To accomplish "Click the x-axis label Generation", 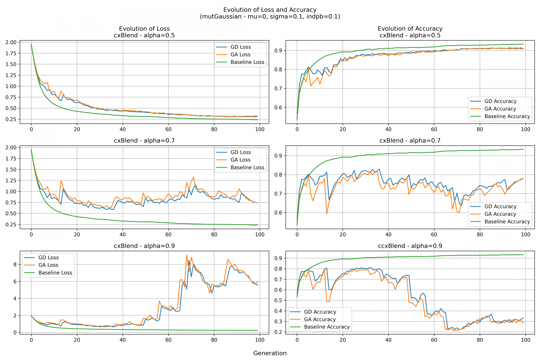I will point(270,353).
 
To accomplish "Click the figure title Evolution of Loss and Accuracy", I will point(270,10).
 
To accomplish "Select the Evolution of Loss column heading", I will point(144,29).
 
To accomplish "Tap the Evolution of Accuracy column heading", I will point(410,29).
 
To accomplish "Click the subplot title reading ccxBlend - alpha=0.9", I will point(410,246).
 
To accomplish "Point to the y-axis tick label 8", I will point(15,264).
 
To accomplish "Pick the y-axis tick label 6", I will point(15,281).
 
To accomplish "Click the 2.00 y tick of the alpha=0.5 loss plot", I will point(11,42).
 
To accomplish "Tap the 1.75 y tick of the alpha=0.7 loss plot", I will point(11,159).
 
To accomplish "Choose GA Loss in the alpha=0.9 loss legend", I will point(48,265).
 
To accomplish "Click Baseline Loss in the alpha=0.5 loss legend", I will point(247,62).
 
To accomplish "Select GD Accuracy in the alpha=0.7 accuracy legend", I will point(500,207).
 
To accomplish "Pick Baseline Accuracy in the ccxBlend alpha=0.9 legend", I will point(326,327).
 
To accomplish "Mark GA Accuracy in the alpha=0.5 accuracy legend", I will point(500,109).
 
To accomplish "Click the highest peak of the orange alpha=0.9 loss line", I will point(187,255).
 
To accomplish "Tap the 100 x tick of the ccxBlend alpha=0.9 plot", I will point(525,340).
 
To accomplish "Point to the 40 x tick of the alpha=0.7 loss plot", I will point(123,235).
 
